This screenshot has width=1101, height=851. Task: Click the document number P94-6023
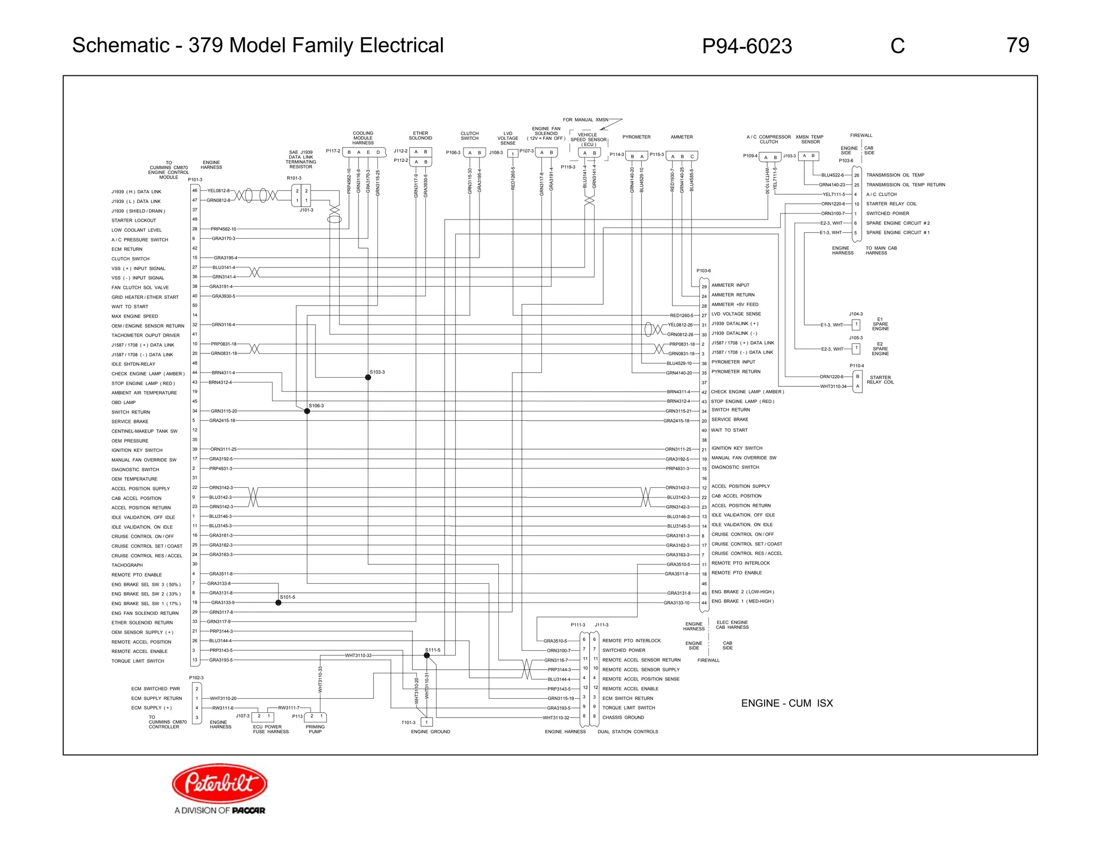click(747, 46)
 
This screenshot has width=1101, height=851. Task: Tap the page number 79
click(1018, 45)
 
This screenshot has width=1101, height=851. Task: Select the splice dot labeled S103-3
click(368, 378)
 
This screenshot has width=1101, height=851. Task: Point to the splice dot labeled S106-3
click(307, 411)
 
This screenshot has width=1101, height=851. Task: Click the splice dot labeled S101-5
click(278, 602)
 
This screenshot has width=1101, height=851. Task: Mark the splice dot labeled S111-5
click(427, 655)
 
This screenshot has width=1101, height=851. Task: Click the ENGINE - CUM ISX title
click(787, 703)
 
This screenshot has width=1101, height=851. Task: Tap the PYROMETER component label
click(636, 137)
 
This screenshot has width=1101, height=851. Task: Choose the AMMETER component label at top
click(681, 137)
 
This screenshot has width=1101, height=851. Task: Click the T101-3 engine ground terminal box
click(426, 722)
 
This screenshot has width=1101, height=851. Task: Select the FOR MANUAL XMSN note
click(585, 120)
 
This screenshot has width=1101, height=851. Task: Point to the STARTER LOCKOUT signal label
click(133, 221)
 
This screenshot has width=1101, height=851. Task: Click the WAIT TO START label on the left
click(130, 307)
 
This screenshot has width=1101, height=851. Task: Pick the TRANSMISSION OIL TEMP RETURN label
click(905, 185)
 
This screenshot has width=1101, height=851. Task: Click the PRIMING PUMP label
click(315, 729)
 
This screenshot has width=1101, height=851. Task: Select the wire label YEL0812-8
click(218, 190)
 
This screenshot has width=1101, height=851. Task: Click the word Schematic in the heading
click(121, 45)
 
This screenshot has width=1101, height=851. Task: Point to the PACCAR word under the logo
click(248, 810)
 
